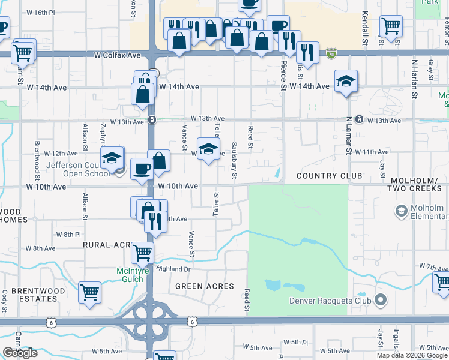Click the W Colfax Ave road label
117,55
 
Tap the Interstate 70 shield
331,55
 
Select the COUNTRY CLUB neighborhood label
329,176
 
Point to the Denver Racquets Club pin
380,299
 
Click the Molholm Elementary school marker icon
401,211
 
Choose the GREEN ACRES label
204,286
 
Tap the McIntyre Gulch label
130,275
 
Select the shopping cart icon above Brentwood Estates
89,293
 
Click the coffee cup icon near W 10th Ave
142,169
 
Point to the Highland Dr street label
173,268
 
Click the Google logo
20,353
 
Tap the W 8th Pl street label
68,234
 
